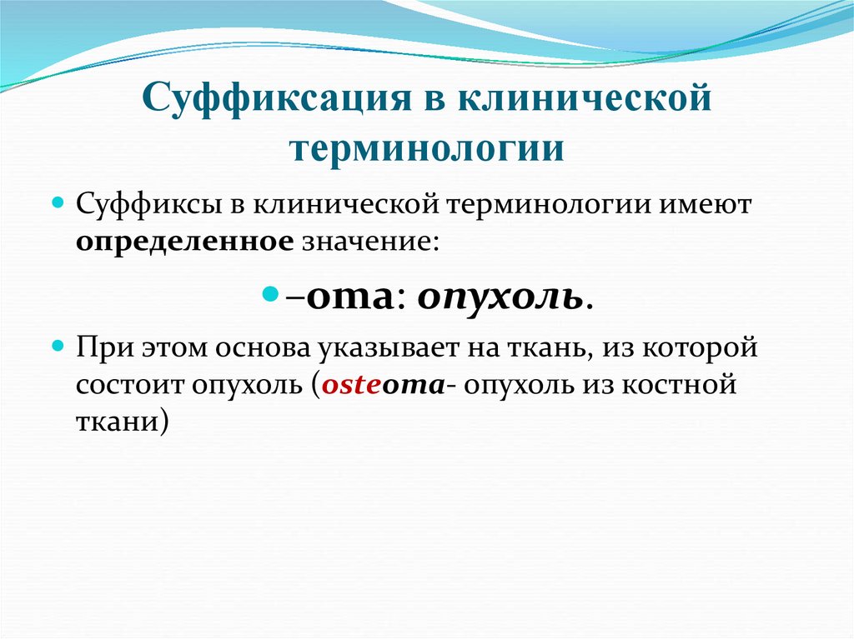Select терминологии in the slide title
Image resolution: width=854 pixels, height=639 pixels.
tap(426, 148)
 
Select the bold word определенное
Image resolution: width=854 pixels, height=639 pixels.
tap(184, 242)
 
